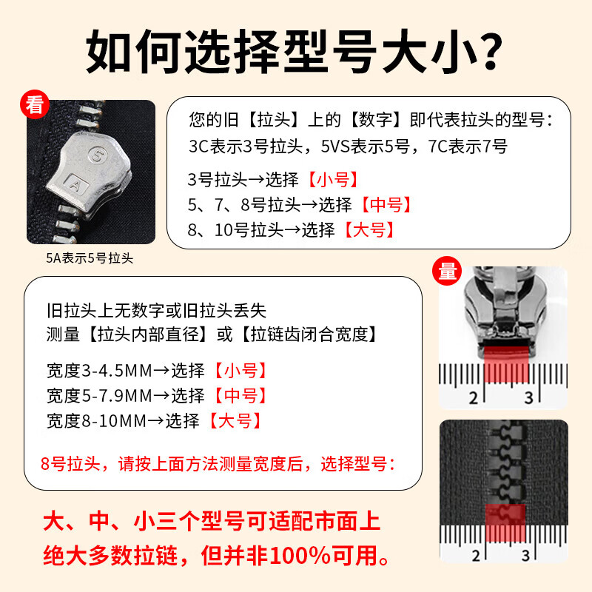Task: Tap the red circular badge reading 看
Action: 33,105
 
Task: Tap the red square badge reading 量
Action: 448,272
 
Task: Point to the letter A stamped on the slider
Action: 75,180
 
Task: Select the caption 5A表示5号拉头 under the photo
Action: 90,258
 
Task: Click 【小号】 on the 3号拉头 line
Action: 332,179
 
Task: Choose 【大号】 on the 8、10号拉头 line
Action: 367,229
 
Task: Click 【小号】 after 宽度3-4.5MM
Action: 240,370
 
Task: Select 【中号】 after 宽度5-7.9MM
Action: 240,395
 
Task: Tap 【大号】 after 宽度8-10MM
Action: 234,421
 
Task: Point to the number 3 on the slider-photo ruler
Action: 528,398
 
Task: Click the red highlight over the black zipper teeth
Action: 505,521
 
